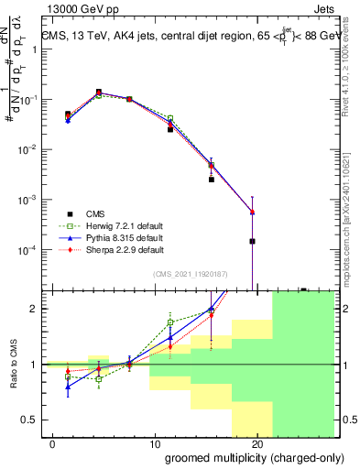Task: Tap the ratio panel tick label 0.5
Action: [29, 420]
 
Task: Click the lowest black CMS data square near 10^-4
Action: [252, 241]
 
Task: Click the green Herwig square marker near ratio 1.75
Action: [170, 322]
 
